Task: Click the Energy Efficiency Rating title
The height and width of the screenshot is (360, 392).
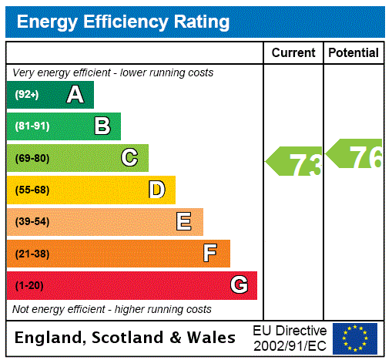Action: click(x=123, y=22)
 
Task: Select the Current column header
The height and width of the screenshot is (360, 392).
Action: click(x=293, y=52)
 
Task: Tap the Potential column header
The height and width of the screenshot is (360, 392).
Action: click(x=353, y=52)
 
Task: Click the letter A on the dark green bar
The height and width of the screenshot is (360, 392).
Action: click(x=75, y=95)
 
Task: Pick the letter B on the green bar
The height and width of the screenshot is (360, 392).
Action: click(x=102, y=126)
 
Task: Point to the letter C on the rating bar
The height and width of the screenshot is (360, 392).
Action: click(x=129, y=158)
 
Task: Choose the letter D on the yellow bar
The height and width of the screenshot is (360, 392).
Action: click(x=156, y=190)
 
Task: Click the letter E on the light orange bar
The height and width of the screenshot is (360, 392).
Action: click(x=184, y=222)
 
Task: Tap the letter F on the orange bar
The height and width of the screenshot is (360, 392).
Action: click(x=210, y=254)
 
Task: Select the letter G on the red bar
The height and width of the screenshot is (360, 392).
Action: click(x=239, y=285)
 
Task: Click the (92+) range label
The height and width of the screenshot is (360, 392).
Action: click(x=27, y=95)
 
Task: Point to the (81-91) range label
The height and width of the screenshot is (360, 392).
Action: click(x=32, y=126)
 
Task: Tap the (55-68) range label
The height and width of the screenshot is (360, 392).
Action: click(x=32, y=190)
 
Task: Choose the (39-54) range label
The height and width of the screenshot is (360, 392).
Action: click(x=32, y=222)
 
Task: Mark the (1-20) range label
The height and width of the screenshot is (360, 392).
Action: click(x=29, y=286)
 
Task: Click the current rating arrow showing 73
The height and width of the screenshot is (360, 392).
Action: click(x=295, y=163)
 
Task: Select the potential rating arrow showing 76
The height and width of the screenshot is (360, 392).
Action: click(x=355, y=155)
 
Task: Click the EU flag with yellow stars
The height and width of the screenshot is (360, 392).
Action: click(x=355, y=338)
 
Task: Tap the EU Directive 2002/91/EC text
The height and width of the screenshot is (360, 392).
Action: click(x=290, y=338)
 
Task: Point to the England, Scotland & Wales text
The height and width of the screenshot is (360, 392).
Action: click(x=126, y=338)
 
